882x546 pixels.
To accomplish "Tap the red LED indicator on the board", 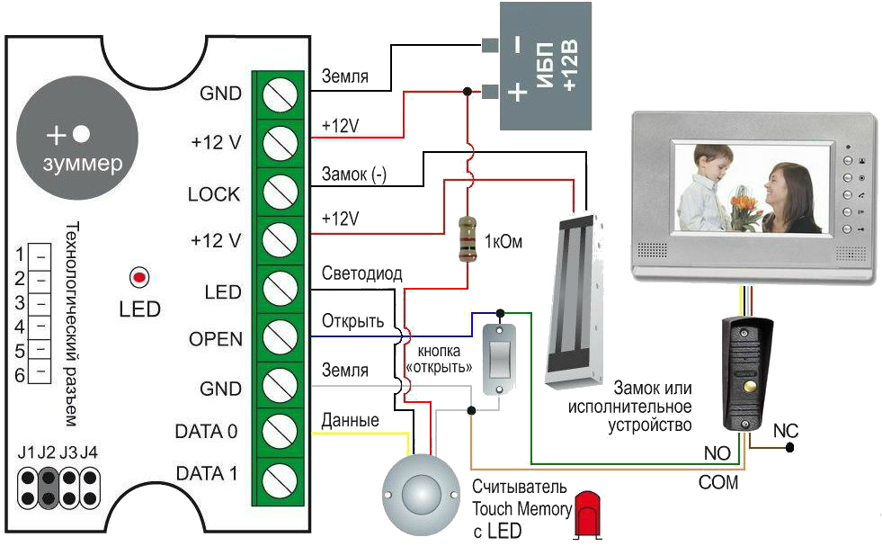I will (139, 275).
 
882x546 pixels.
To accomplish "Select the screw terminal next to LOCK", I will (279, 192).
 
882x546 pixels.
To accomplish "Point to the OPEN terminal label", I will (216, 339).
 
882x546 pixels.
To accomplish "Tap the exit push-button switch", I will (496, 357).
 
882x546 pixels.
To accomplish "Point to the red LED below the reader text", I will (587, 513).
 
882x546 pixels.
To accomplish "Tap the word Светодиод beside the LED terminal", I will (361, 273).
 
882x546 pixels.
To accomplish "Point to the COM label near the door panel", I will (718, 482).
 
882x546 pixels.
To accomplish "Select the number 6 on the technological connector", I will (19, 375).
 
